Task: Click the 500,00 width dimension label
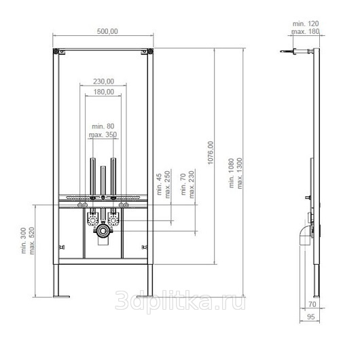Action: (107, 31)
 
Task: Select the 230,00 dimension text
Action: (103, 82)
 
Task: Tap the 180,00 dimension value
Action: (104, 92)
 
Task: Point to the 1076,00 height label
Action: (211, 153)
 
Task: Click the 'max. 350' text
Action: (103, 134)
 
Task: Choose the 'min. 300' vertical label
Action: (23, 240)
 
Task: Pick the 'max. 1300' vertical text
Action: (240, 173)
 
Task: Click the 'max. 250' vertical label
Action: (167, 184)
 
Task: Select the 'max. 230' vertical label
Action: (191, 184)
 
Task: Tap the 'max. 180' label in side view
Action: (306, 31)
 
